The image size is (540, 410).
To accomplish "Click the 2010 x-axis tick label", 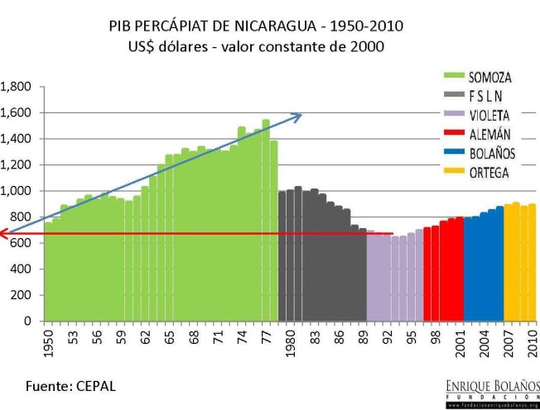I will pyautogui.click(x=533, y=341).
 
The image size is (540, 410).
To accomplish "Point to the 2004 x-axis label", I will pyautogui.click(x=484, y=341).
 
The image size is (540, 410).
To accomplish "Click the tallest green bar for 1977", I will pyautogui.click(x=266, y=220).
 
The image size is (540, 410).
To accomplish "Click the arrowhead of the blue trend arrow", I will pyautogui.click(x=298, y=115).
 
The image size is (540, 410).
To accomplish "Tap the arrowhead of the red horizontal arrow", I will pyautogui.click(x=4, y=234).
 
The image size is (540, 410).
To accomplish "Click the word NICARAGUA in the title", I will pyautogui.click(x=272, y=26).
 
